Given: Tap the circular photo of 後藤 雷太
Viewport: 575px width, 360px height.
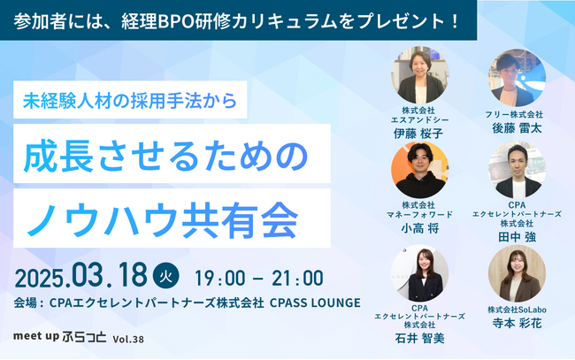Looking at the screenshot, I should click(x=516, y=77).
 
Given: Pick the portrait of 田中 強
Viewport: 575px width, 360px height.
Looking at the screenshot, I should click(x=516, y=171).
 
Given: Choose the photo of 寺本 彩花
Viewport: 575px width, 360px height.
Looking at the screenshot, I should click(x=516, y=273).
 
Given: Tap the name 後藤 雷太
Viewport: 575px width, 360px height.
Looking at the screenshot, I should click(x=516, y=128).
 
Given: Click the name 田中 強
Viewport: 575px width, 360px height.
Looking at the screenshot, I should click(x=516, y=237).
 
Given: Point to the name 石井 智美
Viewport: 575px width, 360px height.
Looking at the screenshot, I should click(x=418, y=337).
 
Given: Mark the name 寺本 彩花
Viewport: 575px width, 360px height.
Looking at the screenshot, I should click(x=516, y=325).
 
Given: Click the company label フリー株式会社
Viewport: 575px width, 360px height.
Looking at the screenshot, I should click(x=516, y=114).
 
